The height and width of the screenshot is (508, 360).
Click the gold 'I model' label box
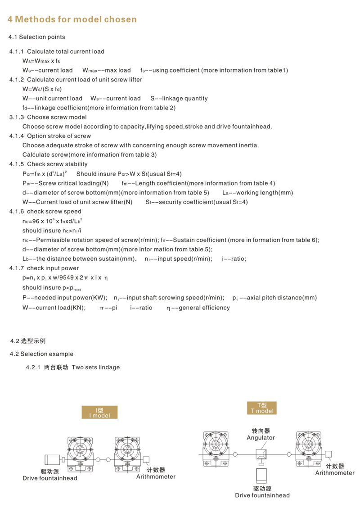point(99,412)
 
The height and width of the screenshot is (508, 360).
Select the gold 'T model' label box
point(262,408)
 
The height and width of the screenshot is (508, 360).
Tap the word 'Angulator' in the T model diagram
point(261,437)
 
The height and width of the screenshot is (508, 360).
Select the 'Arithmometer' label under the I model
point(156,476)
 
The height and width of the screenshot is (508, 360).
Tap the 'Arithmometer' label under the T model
point(334,472)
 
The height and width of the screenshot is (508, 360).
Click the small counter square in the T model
point(329,454)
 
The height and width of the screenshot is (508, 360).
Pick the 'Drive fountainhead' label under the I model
point(49,478)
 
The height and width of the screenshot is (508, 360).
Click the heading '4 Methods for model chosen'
point(72,19)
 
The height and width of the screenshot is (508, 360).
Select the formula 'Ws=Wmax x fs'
point(41,61)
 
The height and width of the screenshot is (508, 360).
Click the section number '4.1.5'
point(17,164)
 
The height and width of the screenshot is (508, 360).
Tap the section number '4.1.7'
point(17,268)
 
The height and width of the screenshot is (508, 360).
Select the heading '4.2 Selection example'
point(41,354)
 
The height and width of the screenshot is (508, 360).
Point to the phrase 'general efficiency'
point(204,308)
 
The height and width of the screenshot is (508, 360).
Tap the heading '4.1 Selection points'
point(37,37)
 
